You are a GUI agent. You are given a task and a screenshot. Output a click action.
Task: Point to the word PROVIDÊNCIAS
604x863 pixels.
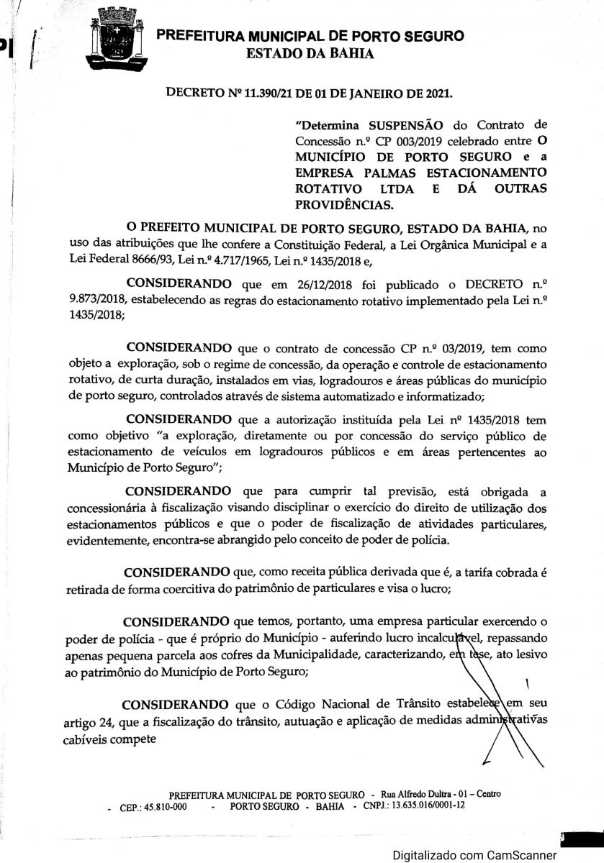click(345, 204)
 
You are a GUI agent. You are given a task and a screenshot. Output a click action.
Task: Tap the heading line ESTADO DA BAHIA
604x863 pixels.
click(310, 54)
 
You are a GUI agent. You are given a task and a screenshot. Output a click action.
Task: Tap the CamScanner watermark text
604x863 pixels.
click(474, 855)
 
